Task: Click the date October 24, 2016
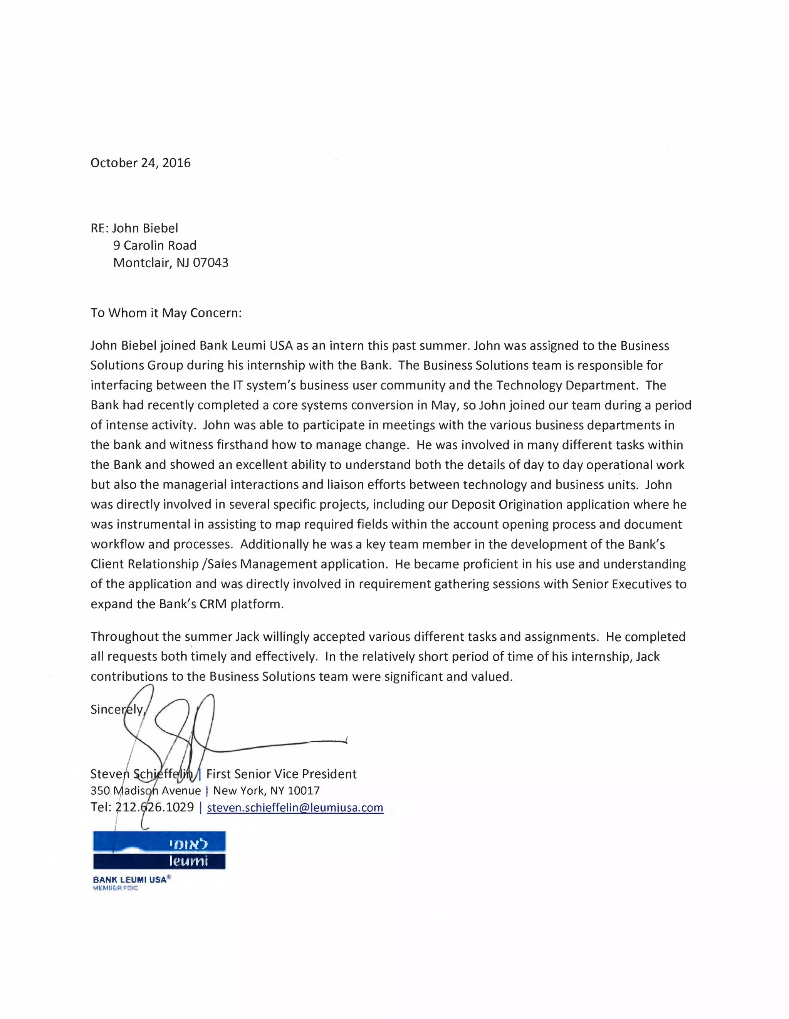pyautogui.click(x=141, y=163)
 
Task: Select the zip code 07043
pyautogui.click(x=210, y=263)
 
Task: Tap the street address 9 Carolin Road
pyautogui.click(x=154, y=245)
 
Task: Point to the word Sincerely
pyautogui.click(x=117, y=709)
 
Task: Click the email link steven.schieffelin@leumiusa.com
pyautogui.click(x=295, y=807)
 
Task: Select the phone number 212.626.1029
pyautogui.click(x=154, y=807)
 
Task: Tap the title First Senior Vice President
pyautogui.click(x=281, y=774)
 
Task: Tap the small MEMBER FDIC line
pyautogui.click(x=116, y=888)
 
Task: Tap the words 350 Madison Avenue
pyautogui.click(x=146, y=791)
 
